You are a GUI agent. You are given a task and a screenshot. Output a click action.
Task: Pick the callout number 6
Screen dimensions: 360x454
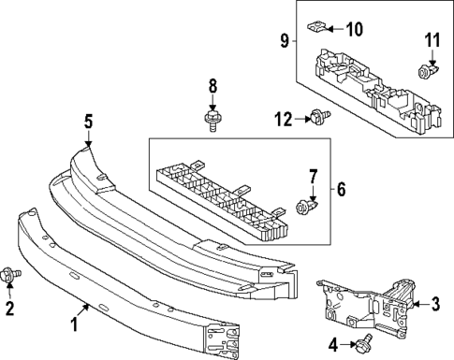point(341,189)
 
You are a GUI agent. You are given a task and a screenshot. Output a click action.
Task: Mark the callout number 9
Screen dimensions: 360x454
point(285,40)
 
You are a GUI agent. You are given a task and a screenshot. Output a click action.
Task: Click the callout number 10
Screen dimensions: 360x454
point(355,28)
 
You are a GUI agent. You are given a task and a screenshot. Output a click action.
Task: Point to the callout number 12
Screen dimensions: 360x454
point(284,117)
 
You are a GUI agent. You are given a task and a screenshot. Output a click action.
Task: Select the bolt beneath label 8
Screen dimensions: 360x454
point(212,120)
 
